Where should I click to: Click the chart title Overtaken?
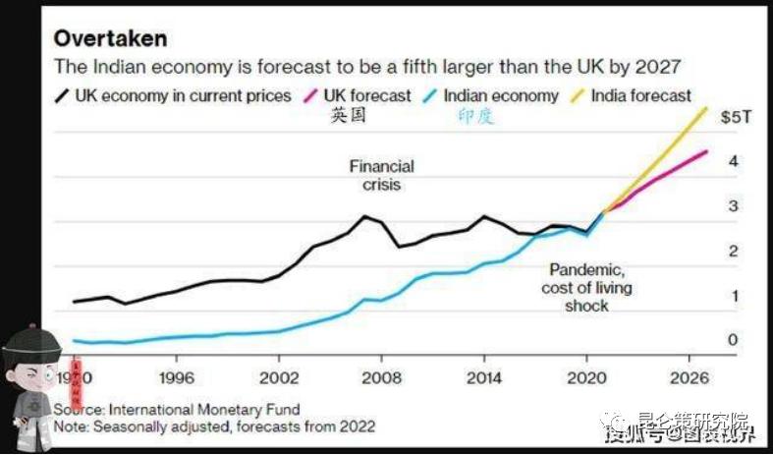(109, 38)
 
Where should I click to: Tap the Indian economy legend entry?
(500, 95)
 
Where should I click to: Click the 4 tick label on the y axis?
(733, 162)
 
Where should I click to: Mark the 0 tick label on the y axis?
(733, 341)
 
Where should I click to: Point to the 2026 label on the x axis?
(689, 377)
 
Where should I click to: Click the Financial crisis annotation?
(381, 175)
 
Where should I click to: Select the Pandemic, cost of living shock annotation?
(586, 287)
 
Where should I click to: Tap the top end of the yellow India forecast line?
(706, 108)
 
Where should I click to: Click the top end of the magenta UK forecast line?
(706, 151)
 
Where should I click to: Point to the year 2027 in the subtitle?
(659, 67)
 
